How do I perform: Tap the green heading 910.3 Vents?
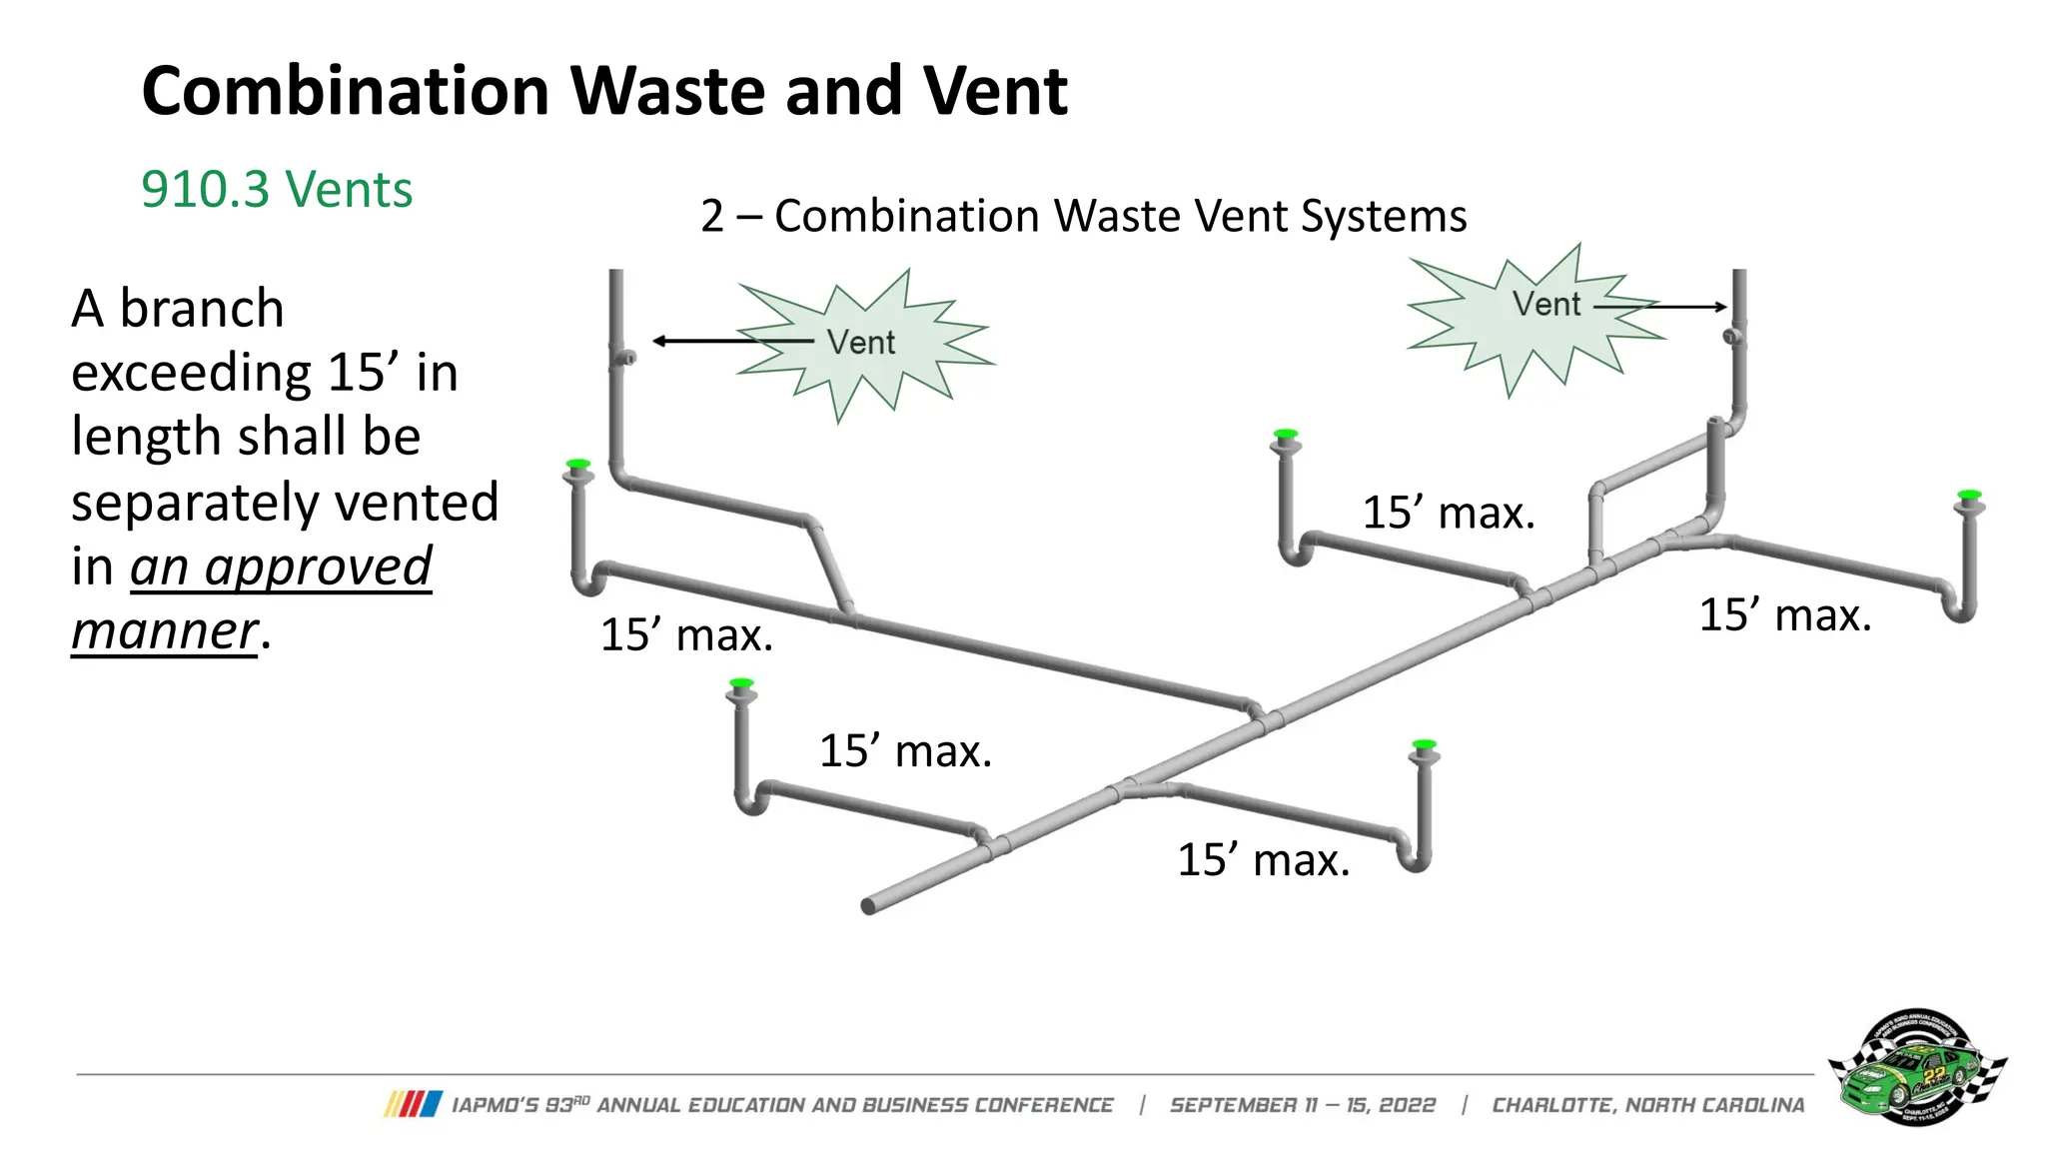pyautogui.click(x=277, y=189)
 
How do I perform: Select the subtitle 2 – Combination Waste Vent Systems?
pyautogui.click(x=1083, y=216)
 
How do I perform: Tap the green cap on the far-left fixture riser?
pyautogui.click(x=577, y=465)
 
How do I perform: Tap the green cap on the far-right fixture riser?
pyautogui.click(x=1969, y=495)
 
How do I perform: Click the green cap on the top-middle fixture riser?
pyautogui.click(x=1286, y=435)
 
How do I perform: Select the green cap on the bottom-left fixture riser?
pyautogui.click(x=741, y=683)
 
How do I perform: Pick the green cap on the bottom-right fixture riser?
pyautogui.click(x=1424, y=745)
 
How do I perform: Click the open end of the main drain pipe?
pyautogui.click(x=868, y=906)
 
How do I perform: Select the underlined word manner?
pyautogui.click(x=165, y=631)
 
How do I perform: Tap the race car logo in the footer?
pyautogui.click(x=1916, y=1067)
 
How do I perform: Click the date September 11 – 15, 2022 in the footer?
pyautogui.click(x=1302, y=1105)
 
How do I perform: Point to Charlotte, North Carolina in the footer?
pyautogui.click(x=1648, y=1105)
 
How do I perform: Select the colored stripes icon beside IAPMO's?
pyautogui.click(x=413, y=1104)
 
